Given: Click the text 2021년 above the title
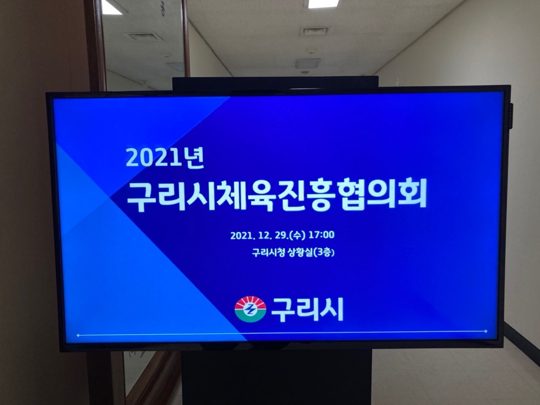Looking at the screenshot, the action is click(x=165, y=157).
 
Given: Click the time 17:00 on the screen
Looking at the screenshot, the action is click(x=321, y=235).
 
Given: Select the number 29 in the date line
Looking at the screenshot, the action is click(x=280, y=235).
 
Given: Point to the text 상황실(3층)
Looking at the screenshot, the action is click(x=311, y=253).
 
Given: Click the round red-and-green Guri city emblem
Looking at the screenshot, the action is click(x=250, y=309).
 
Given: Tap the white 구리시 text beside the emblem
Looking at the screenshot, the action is click(x=307, y=309).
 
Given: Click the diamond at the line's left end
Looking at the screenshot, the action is click(x=78, y=335).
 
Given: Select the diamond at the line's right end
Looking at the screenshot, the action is click(x=486, y=331).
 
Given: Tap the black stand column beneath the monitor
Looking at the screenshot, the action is click(x=276, y=377).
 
